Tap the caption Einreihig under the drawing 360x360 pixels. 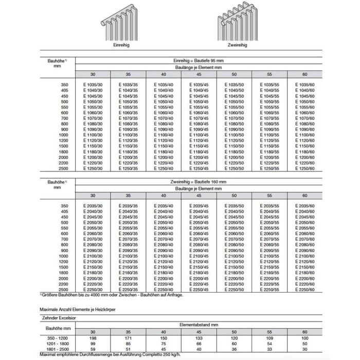pyautogui.click(x=122, y=46)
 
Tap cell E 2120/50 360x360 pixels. pyautogui.click(x=234, y=261)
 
